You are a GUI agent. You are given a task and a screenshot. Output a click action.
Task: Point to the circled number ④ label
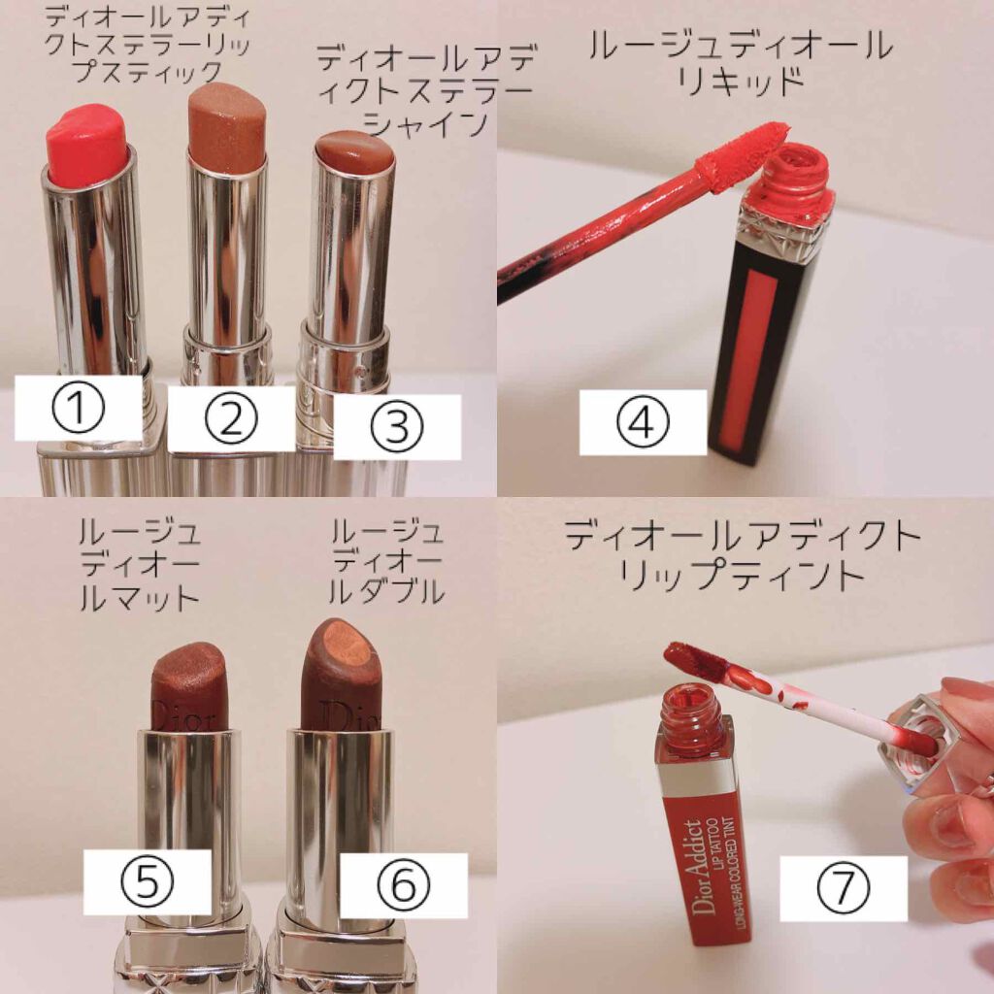pos(643,422)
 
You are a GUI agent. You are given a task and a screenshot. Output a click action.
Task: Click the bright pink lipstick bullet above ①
pos(86,146)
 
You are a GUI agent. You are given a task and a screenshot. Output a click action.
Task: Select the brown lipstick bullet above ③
pos(354,155)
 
